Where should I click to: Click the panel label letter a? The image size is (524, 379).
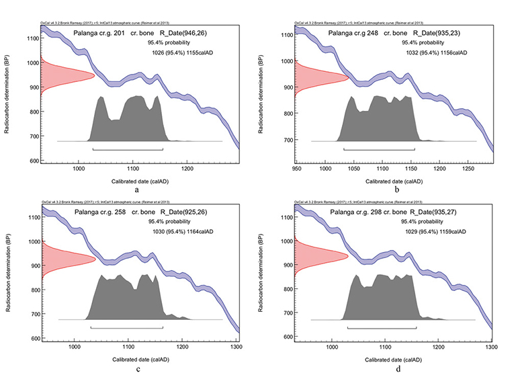tap(137, 191)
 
